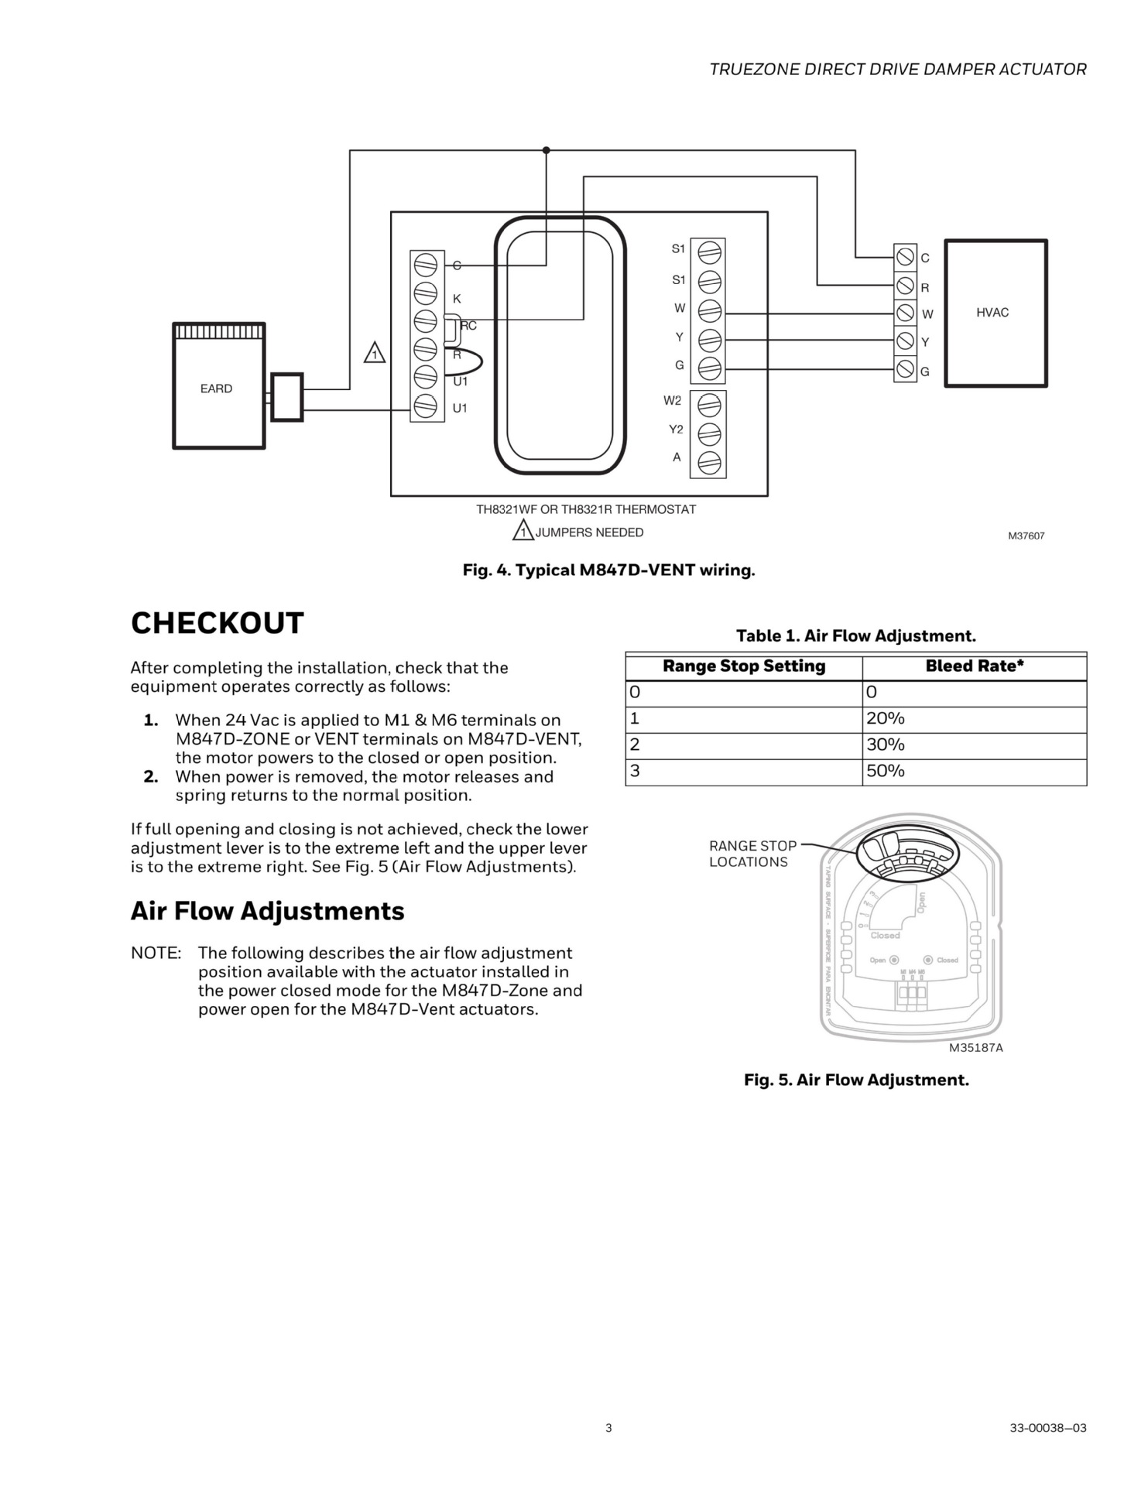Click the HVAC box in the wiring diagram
996,313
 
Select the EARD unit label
216,389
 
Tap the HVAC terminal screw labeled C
905,256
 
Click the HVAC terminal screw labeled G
905,369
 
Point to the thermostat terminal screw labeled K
426,293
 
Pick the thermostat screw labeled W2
709,404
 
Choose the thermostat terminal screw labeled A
709,462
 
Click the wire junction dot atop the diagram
546,150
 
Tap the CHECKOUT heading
218,623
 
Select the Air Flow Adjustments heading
267,911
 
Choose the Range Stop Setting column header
744,666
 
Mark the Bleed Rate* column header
975,666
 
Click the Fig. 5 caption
856,1080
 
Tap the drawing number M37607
1026,536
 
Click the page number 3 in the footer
608,1428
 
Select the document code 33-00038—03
1047,1428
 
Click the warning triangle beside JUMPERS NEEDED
523,532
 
